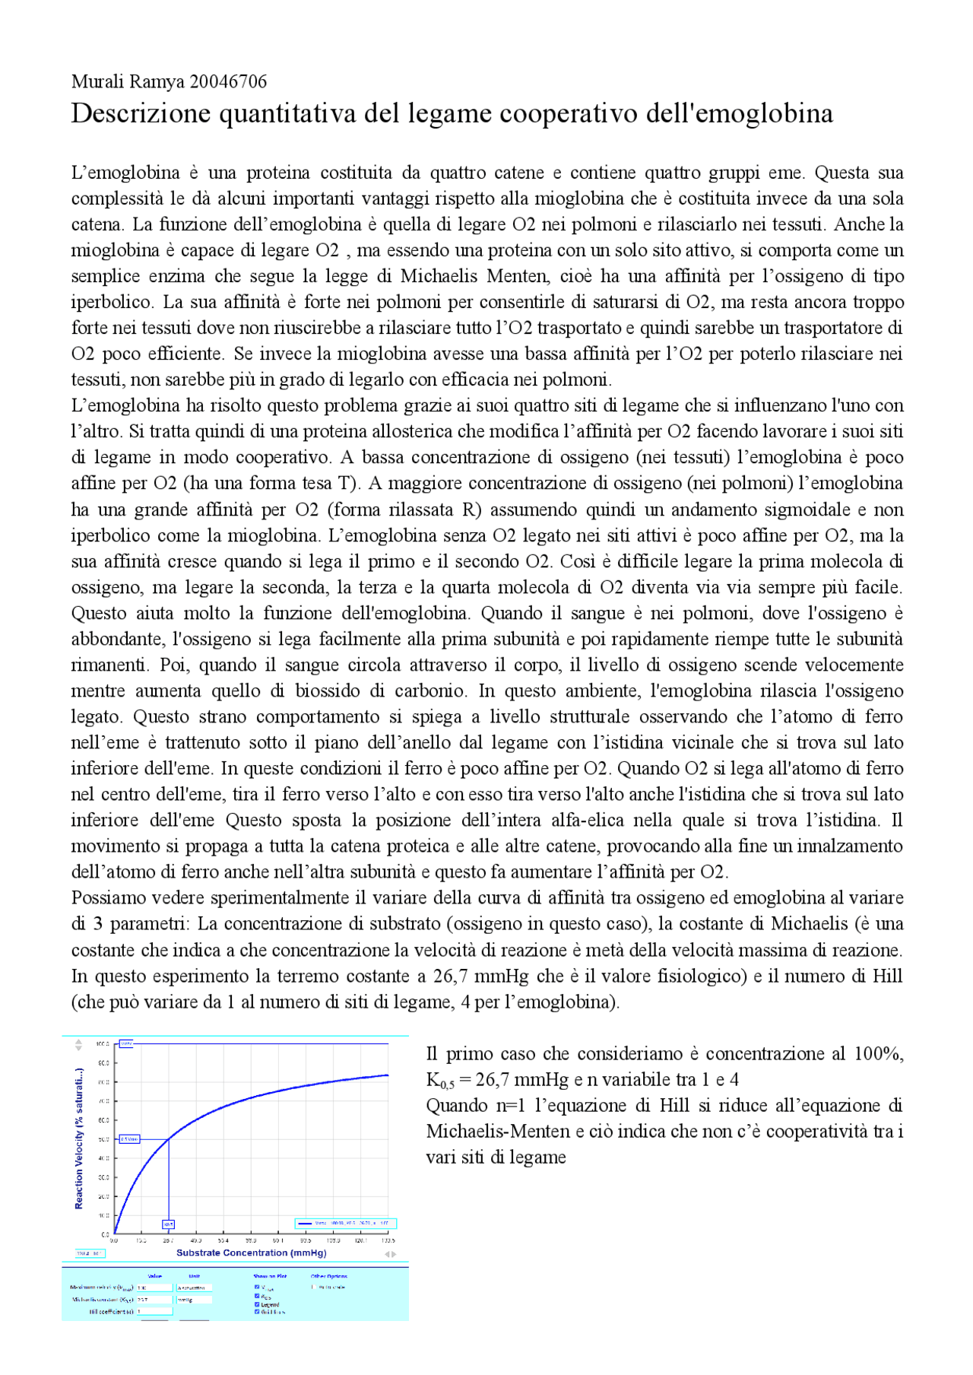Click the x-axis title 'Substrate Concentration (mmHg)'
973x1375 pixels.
coord(251,1253)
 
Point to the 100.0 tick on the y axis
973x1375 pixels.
coord(103,1044)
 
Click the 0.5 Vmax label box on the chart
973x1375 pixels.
coord(130,1139)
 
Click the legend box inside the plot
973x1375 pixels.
coord(345,1224)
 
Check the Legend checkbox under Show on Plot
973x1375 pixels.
coord(257,1304)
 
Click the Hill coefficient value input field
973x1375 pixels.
coord(154,1311)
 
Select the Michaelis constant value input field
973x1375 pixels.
coord(154,1300)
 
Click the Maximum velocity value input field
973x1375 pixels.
coord(154,1288)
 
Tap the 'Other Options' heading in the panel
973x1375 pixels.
coord(328,1276)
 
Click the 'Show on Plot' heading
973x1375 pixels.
coord(270,1276)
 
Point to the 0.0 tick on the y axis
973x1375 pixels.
coord(106,1234)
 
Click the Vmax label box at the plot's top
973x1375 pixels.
coord(127,1044)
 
